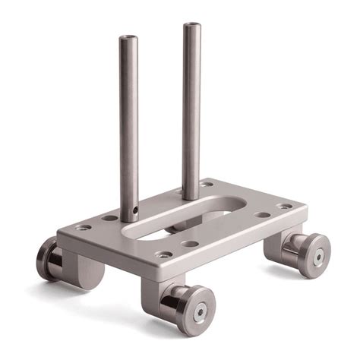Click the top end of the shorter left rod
point(128,36)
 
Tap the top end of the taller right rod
point(191,25)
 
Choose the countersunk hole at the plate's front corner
point(163,255)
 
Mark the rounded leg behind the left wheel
point(90,269)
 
